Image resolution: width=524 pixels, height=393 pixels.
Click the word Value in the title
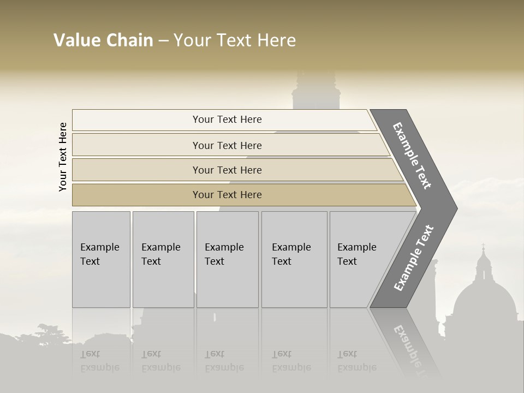point(76,40)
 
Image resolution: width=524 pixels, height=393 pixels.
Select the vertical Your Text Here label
point(63,157)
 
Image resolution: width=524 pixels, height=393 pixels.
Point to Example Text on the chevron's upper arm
point(413,156)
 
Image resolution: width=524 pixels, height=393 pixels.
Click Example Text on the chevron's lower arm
point(414,258)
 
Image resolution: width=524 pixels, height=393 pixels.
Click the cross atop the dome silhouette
point(483,247)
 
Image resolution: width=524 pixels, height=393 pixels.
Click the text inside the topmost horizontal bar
point(227,120)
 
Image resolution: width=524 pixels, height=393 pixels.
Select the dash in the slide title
point(163,41)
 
